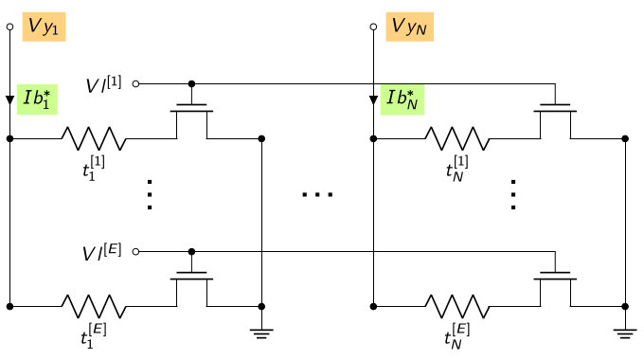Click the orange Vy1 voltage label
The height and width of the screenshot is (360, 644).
point(44,27)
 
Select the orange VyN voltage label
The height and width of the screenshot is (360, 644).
point(409,27)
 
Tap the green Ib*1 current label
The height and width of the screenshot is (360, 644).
point(37,99)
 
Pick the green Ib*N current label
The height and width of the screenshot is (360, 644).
point(402,99)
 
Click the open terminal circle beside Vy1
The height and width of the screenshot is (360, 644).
point(9,27)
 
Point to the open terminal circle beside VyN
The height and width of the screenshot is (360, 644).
point(373,27)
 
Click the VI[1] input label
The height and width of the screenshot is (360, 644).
point(103,84)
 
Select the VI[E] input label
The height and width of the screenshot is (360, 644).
point(102,252)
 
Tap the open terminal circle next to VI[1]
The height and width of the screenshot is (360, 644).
point(136,83)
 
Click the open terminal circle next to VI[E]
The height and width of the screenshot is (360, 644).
point(136,251)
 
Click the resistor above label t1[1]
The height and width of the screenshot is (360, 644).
point(94,138)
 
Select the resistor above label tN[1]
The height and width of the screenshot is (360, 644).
point(457,138)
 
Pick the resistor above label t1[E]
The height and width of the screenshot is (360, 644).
point(94,306)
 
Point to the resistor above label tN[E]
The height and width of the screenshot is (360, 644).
point(457,306)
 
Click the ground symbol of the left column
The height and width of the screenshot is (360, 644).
point(261,333)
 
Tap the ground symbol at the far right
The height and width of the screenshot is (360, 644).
point(625,333)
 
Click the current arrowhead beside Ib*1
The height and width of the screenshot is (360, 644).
point(9,99)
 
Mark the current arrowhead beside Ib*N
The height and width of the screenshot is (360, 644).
point(373,99)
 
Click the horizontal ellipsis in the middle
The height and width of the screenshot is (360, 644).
point(317,194)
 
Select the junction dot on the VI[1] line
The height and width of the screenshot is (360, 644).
point(191,83)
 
